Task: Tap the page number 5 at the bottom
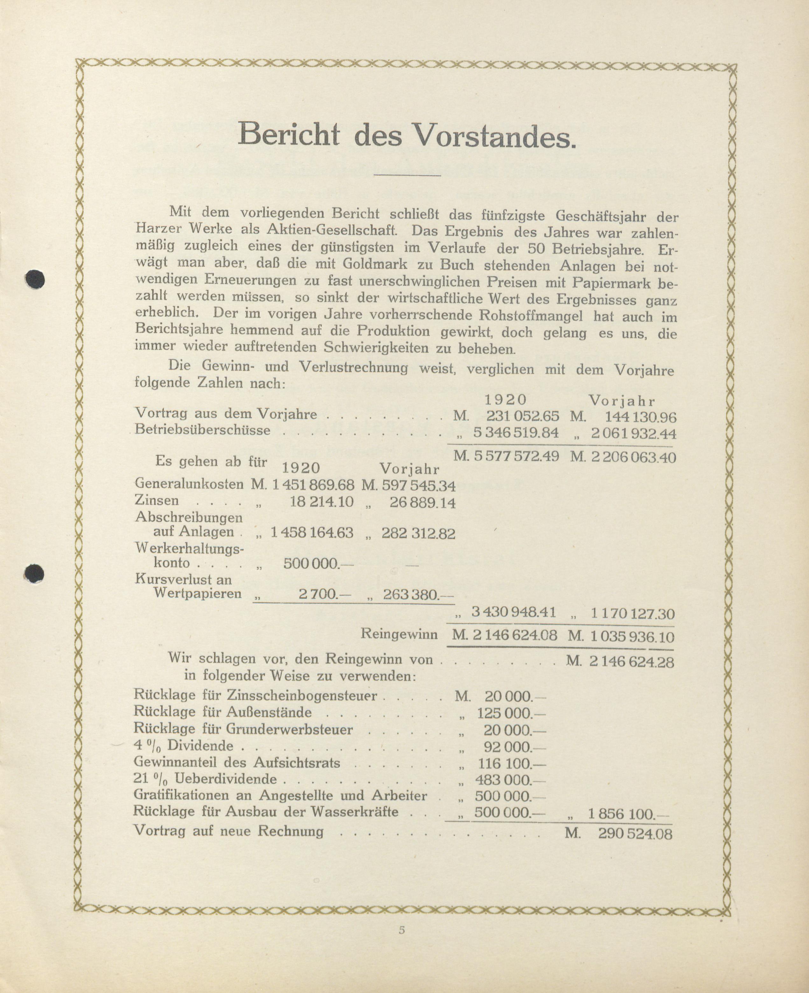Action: (402, 930)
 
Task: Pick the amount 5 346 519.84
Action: (516, 433)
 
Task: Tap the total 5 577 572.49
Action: (516, 456)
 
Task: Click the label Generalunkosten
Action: (189, 484)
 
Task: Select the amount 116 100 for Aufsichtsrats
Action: (510, 764)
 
